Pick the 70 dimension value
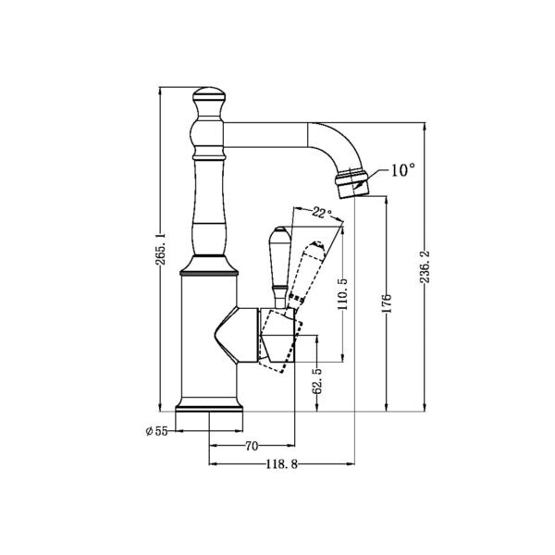[x=251, y=446]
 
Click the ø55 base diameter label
[x=157, y=430]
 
